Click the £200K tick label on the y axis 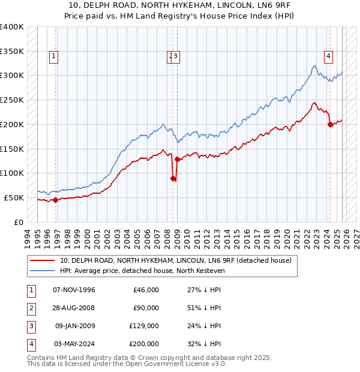pyautogui.click(x=12, y=124)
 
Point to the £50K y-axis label pyautogui.click(x=14, y=197)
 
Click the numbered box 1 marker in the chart pyautogui.click(x=54, y=57)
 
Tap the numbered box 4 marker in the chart pyautogui.click(x=329, y=57)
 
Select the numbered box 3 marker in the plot pyautogui.click(x=178, y=57)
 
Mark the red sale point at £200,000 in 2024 pyautogui.click(x=330, y=124)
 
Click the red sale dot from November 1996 pyautogui.click(x=55, y=200)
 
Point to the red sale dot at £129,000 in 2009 pyautogui.click(x=177, y=159)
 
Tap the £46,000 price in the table pyautogui.click(x=145, y=290)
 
